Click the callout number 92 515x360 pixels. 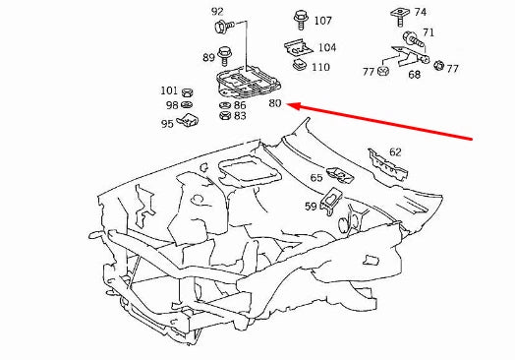pos(217,11)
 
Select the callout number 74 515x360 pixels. pos(421,12)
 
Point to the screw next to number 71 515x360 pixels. pos(411,35)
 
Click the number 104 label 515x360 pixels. pos(326,47)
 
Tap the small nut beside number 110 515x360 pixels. pos(298,67)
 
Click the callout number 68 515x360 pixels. pos(415,75)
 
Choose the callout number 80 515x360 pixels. pos(275,103)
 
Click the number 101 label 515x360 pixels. pos(169,90)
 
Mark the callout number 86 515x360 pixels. pos(240,104)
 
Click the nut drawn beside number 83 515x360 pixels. pos(224,116)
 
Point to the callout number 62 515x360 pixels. pos(395,152)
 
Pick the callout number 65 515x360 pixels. pos(316,178)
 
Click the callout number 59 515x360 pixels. pos(310,206)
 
